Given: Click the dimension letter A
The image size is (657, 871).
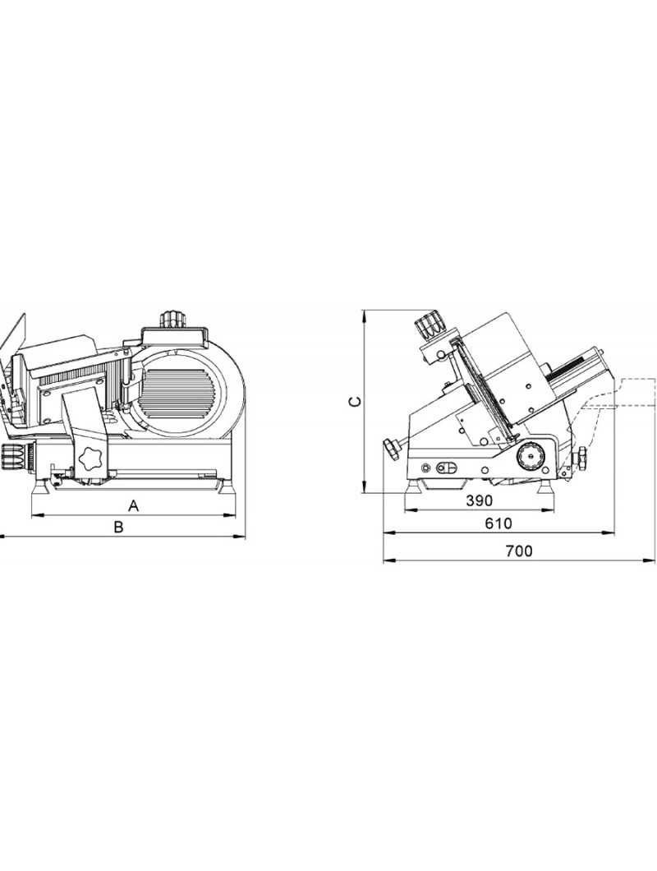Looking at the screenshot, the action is (x=133, y=505).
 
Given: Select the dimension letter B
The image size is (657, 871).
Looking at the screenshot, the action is (x=118, y=527).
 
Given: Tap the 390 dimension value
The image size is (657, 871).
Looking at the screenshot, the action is (x=479, y=500).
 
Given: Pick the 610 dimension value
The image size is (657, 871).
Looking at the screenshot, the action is (x=498, y=523).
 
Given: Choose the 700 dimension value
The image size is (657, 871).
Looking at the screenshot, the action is (x=519, y=551).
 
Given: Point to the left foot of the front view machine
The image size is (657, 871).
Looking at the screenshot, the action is (x=40, y=486).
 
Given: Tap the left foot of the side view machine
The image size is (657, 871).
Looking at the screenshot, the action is (x=414, y=486).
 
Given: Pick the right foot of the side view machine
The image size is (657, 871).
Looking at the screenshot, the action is (x=546, y=486).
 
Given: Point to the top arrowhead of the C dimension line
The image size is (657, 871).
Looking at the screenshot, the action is (x=365, y=316).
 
